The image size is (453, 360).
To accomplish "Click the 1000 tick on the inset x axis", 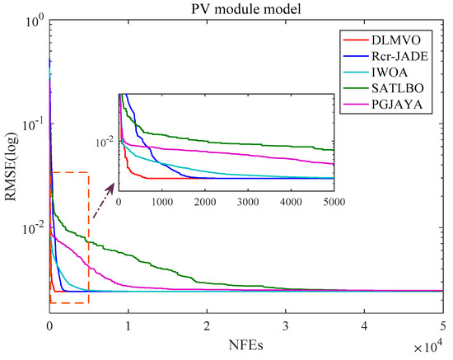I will point(162,200).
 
